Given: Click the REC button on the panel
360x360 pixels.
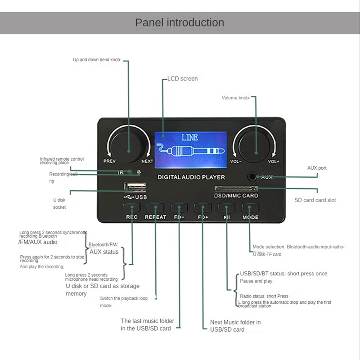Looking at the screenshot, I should click(132, 208).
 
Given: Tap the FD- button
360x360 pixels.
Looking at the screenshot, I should click(179, 208).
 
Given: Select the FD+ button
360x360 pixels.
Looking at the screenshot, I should click(202, 208).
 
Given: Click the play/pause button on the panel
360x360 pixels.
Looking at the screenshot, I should click(226, 208).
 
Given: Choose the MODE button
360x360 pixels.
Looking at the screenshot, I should click(250, 208).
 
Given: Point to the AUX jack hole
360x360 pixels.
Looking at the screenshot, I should click(252, 177).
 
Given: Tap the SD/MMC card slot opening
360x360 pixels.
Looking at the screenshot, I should click(235, 189).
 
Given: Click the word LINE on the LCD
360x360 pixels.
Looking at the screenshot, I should click(189, 138).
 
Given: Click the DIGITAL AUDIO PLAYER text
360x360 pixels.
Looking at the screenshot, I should click(191, 177).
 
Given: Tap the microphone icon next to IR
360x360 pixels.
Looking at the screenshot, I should click(139, 172).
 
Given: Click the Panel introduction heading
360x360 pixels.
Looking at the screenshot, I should click(180, 22).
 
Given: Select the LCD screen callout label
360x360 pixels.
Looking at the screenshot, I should click(182, 79).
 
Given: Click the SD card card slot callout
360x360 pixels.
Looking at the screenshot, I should click(315, 200).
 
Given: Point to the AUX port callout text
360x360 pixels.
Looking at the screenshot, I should click(317, 168).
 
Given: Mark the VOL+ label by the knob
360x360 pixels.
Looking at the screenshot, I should click(274, 161).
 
